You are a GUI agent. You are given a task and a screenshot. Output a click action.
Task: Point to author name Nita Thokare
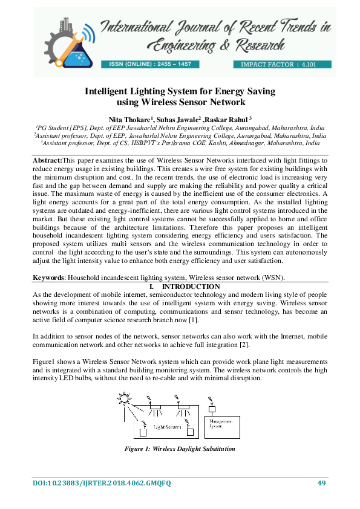(128, 119)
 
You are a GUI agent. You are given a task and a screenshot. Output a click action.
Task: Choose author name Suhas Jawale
(174, 119)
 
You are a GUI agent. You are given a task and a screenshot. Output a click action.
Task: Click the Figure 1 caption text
(179, 450)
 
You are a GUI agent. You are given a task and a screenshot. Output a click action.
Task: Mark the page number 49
(322, 482)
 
